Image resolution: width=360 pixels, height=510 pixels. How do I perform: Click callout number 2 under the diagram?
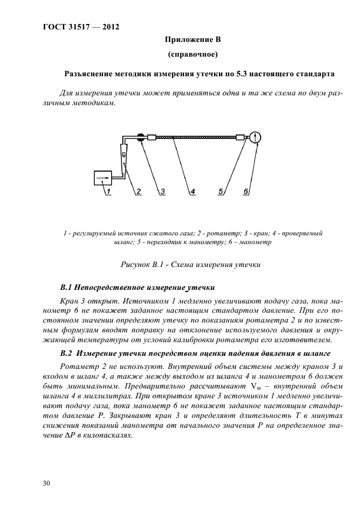139,192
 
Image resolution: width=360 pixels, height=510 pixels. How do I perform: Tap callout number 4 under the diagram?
192,192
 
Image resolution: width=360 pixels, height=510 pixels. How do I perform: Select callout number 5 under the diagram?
221,192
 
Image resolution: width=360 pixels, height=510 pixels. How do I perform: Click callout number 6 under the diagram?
246,192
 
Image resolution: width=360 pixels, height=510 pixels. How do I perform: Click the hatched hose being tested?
196,138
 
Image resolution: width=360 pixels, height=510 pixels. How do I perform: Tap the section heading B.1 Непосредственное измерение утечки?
138,287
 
